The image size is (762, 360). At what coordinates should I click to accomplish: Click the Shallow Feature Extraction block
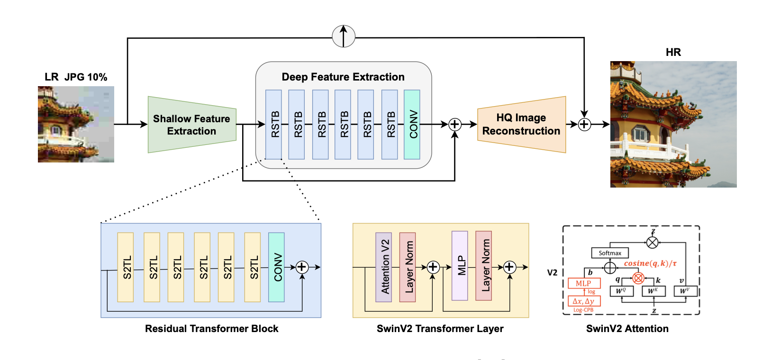click(192, 125)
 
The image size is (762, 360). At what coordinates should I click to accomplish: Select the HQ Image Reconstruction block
click(521, 125)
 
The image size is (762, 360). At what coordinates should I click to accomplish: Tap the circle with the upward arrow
click(344, 36)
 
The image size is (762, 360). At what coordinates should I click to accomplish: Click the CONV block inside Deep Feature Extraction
click(412, 125)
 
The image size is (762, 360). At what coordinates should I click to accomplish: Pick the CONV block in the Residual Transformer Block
click(276, 267)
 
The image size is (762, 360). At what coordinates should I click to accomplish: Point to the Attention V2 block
click(384, 267)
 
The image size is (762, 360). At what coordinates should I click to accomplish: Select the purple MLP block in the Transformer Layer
click(460, 266)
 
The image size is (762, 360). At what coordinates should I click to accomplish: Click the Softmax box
click(610, 253)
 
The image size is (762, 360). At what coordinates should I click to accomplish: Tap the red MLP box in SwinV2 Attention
click(584, 283)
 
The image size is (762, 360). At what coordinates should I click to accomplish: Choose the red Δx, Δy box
click(584, 301)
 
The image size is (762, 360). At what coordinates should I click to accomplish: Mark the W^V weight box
click(685, 291)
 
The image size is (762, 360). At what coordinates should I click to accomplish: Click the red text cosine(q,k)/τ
click(650, 263)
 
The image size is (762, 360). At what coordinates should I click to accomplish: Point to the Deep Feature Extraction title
click(343, 77)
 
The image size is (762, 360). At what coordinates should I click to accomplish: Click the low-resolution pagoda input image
click(76, 124)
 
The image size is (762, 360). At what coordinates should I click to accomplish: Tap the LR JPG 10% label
click(76, 77)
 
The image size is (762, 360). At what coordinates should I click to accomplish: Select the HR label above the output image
click(673, 52)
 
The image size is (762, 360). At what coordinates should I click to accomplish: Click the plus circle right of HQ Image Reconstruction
click(584, 125)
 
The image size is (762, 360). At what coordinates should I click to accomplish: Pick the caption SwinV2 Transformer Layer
click(440, 329)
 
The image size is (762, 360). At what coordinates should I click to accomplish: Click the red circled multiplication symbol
click(638, 278)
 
